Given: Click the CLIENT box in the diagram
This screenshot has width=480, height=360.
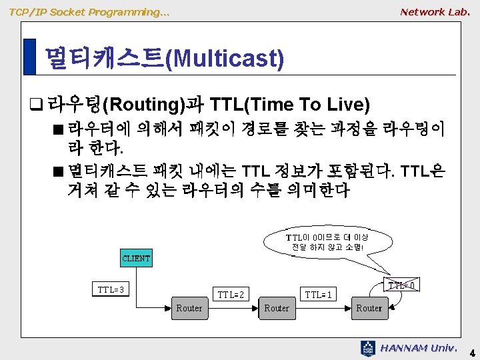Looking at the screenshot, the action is pyautogui.click(x=136, y=258).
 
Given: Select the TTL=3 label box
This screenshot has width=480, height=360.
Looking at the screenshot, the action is pyautogui.click(x=111, y=289).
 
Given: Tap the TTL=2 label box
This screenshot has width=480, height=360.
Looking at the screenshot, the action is pyautogui.click(x=231, y=294).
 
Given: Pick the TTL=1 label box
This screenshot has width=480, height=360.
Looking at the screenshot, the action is pyautogui.click(x=319, y=294).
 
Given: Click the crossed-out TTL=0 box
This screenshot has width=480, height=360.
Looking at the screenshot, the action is pyautogui.click(x=401, y=285).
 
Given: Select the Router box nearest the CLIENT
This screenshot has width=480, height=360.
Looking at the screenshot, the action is pyautogui.click(x=190, y=308).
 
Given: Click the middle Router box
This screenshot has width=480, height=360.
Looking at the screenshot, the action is pyautogui.click(x=277, y=308).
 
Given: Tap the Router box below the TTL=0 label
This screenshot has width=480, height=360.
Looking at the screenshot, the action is pyautogui.click(x=370, y=308).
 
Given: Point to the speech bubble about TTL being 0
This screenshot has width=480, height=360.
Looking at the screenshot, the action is pyautogui.click(x=327, y=243).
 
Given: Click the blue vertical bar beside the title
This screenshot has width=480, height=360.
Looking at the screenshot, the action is pyautogui.click(x=30, y=57).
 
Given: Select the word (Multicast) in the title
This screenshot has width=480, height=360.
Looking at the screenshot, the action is pyautogui.click(x=225, y=59).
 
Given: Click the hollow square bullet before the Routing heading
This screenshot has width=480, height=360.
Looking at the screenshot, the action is pyautogui.click(x=36, y=104).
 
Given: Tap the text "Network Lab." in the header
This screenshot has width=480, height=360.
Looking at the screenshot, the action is pyautogui.click(x=435, y=12).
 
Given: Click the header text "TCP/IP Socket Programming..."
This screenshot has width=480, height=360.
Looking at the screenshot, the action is pyautogui.click(x=89, y=12).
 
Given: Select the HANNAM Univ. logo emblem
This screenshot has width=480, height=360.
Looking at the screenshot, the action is pyautogui.click(x=367, y=349).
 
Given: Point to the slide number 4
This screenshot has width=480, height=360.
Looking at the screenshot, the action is pyautogui.click(x=473, y=353).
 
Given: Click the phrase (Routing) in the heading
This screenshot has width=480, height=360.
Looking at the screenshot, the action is pyautogui.click(x=144, y=105).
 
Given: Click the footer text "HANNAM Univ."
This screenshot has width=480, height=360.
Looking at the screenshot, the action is pyautogui.click(x=419, y=348).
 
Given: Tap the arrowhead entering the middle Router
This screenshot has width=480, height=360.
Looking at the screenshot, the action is pyautogui.click(x=255, y=308).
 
